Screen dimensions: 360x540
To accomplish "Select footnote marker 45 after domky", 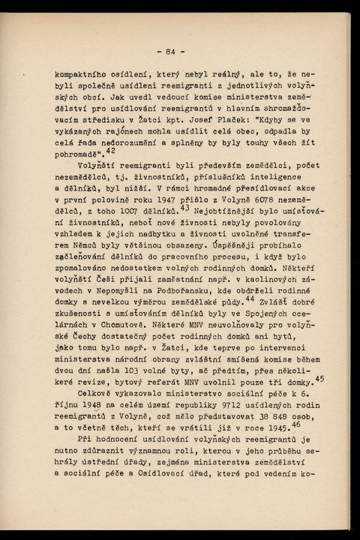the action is (x=319, y=379).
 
